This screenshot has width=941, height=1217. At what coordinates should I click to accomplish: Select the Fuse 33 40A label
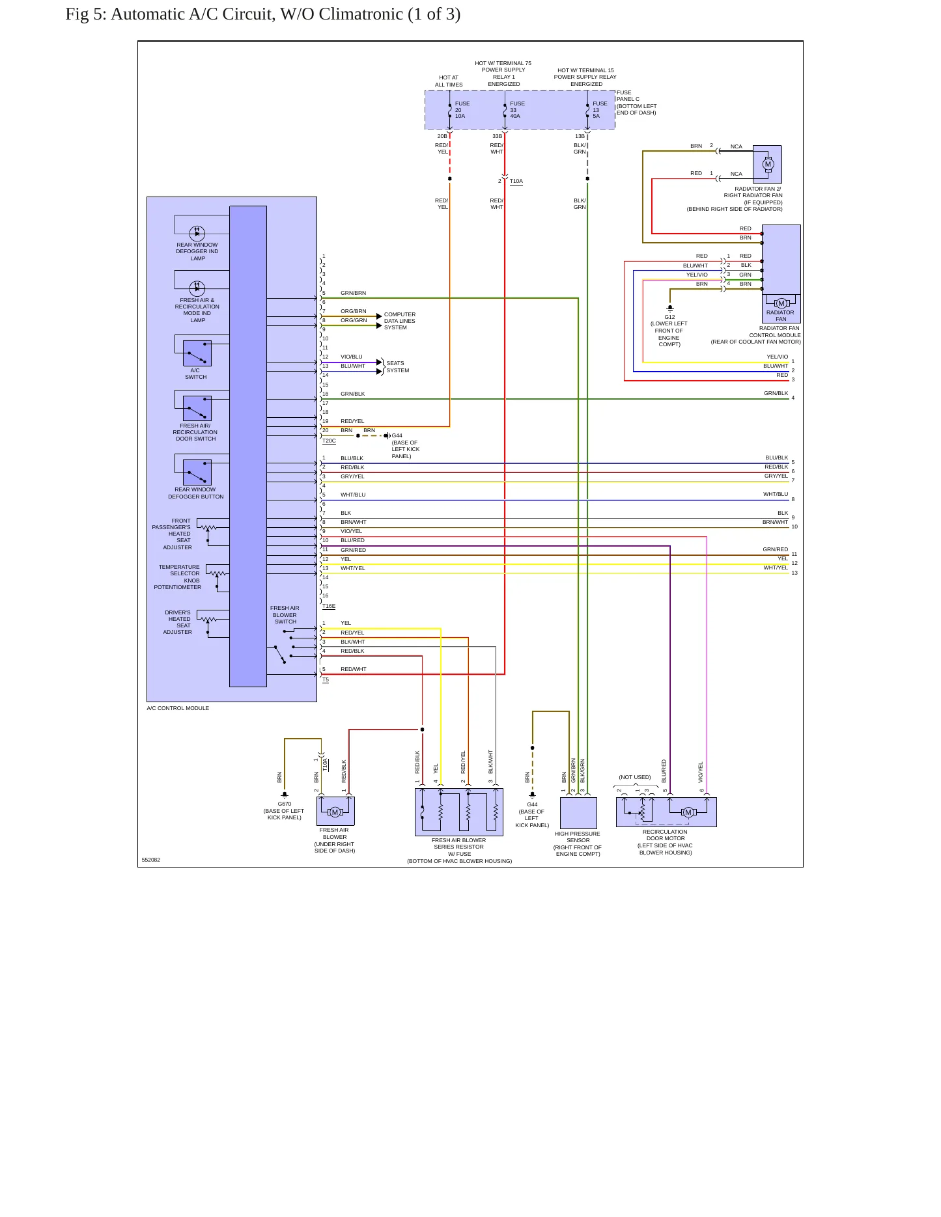click(x=518, y=110)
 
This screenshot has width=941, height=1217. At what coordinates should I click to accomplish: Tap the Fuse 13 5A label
click(x=600, y=110)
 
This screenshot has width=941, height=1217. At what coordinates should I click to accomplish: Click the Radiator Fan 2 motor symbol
click(x=768, y=164)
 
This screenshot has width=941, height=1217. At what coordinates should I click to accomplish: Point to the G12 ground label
click(x=669, y=317)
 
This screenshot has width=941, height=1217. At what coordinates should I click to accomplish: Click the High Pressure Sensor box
click(x=578, y=813)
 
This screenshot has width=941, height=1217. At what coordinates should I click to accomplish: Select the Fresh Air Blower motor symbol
click(x=335, y=812)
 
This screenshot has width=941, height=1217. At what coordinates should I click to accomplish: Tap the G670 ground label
click(x=285, y=804)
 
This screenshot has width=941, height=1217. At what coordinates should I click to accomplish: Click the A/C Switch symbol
click(x=197, y=353)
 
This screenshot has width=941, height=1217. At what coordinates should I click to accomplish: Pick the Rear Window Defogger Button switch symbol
click(x=197, y=472)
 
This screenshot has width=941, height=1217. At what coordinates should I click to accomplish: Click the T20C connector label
click(x=329, y=441)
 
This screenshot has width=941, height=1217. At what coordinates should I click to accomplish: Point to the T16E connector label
click(x=329, y=606)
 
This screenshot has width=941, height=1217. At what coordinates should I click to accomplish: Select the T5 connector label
click(x=326, y=680)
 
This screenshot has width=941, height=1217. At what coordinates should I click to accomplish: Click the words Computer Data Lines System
click(x=400, y=321)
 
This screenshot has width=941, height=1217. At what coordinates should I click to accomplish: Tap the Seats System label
click(x=398, y=367)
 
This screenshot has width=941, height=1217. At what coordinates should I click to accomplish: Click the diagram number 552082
click(x=151, y=860)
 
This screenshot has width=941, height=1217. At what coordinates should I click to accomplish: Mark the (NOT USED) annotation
click(x=635, y=777)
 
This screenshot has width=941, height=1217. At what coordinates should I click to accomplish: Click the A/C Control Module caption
click(x=178, y=708)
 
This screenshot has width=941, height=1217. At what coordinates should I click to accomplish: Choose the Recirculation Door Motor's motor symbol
click(x=688, y=812)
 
